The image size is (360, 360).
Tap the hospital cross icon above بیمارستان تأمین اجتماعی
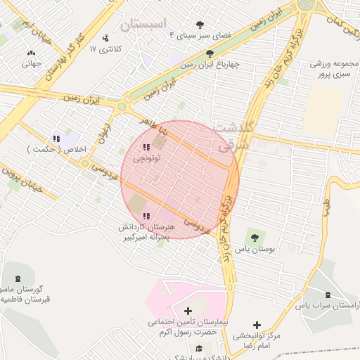187,311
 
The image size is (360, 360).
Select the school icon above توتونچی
146,147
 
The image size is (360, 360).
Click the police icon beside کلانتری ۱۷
105,38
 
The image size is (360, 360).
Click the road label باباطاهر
153,127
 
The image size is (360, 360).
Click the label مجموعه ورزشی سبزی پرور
335,69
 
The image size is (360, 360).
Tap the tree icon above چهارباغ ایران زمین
210,53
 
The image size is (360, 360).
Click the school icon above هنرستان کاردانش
146,216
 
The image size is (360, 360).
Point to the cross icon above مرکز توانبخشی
257,325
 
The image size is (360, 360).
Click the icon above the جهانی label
31,53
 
